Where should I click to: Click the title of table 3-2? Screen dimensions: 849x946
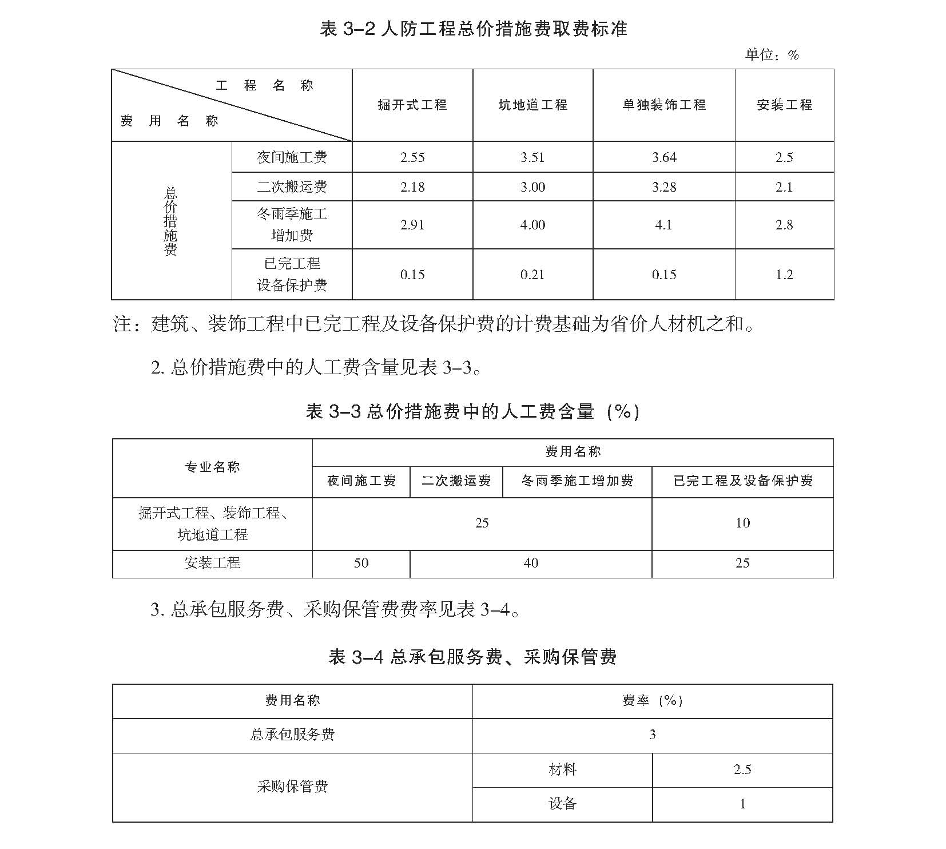point(474,29)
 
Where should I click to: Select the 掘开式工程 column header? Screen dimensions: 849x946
point(412,105)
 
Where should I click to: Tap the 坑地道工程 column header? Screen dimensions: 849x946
point(532,105)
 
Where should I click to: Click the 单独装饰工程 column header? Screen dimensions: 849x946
point(664,105)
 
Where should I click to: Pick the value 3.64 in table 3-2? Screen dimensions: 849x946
point(664,157)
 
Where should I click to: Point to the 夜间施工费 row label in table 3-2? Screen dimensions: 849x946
point(292,157)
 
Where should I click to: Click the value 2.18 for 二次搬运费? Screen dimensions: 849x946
point(412,187)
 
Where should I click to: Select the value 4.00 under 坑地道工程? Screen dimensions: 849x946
point(532,225)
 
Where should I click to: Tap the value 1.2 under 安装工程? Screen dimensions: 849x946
point(784,275)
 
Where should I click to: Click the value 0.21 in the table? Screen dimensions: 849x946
point(532,275)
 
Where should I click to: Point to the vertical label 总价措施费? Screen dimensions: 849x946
point(170,221)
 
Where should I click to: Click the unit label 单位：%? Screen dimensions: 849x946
point(772,55)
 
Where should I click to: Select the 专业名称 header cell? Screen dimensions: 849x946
point(212,467)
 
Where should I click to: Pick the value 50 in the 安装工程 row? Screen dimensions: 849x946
point(361,563)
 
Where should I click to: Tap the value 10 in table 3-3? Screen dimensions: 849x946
point(742,523)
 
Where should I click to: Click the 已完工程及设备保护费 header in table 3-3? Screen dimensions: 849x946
point(742,481)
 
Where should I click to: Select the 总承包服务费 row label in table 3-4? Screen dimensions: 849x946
point(292,735)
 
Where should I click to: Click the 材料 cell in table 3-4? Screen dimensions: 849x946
point(562,769)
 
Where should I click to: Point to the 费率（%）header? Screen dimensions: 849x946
point(653,701)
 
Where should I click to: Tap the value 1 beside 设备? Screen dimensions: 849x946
point(742,804)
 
